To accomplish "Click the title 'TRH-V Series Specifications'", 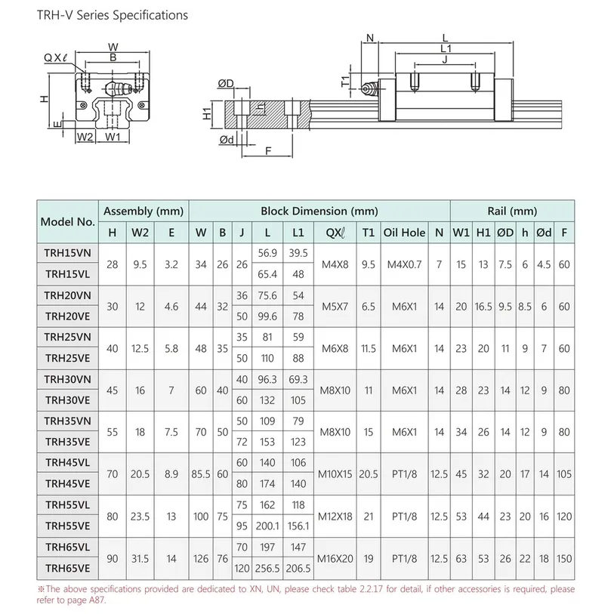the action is click(113, 15).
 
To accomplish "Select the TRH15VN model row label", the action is click(67, 253).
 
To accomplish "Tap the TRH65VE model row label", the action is click(67, 568).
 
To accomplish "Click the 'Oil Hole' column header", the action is click(404, 233).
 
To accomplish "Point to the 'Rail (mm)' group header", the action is click(512, 211).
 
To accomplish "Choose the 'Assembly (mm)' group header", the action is click(143, 211).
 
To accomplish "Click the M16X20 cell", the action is click(335, 558).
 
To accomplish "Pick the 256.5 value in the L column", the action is click(267, 568).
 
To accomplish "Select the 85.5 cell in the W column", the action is click(201, 474).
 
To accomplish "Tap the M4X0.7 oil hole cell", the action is click(404, 265).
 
